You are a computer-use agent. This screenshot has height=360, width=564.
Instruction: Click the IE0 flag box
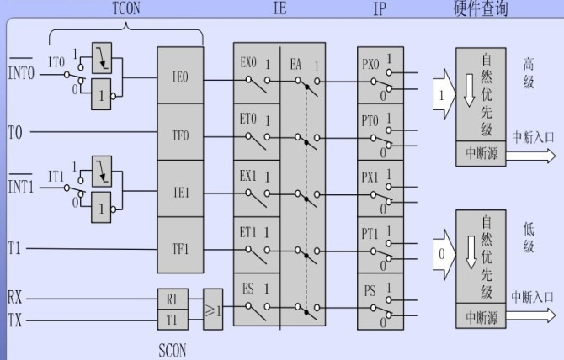pos(180,76)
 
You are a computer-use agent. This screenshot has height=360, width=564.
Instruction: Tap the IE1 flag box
pos(180,192)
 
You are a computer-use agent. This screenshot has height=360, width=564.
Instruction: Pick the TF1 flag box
pos(180,248)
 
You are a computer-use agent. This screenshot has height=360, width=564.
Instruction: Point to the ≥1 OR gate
pos(214,309)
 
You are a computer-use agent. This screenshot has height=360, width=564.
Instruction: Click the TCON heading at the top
pos(125,8)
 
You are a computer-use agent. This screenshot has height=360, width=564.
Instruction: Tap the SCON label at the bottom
pos(172,349)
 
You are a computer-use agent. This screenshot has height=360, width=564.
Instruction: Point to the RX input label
pos(15,298)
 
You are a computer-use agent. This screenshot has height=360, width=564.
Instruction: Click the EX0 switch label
pos(247,63)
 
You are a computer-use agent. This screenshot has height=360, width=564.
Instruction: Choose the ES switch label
pos(248,289)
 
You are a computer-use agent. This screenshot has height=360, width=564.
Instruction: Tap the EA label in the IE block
pos(297,63)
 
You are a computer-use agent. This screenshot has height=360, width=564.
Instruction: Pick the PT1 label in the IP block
pos(370,234)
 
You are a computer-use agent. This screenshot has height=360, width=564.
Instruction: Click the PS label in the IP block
pos(370,291)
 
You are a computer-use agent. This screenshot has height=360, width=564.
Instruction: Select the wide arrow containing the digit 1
pos(441,95)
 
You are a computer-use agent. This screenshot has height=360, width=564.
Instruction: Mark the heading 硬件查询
pos(482,9)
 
